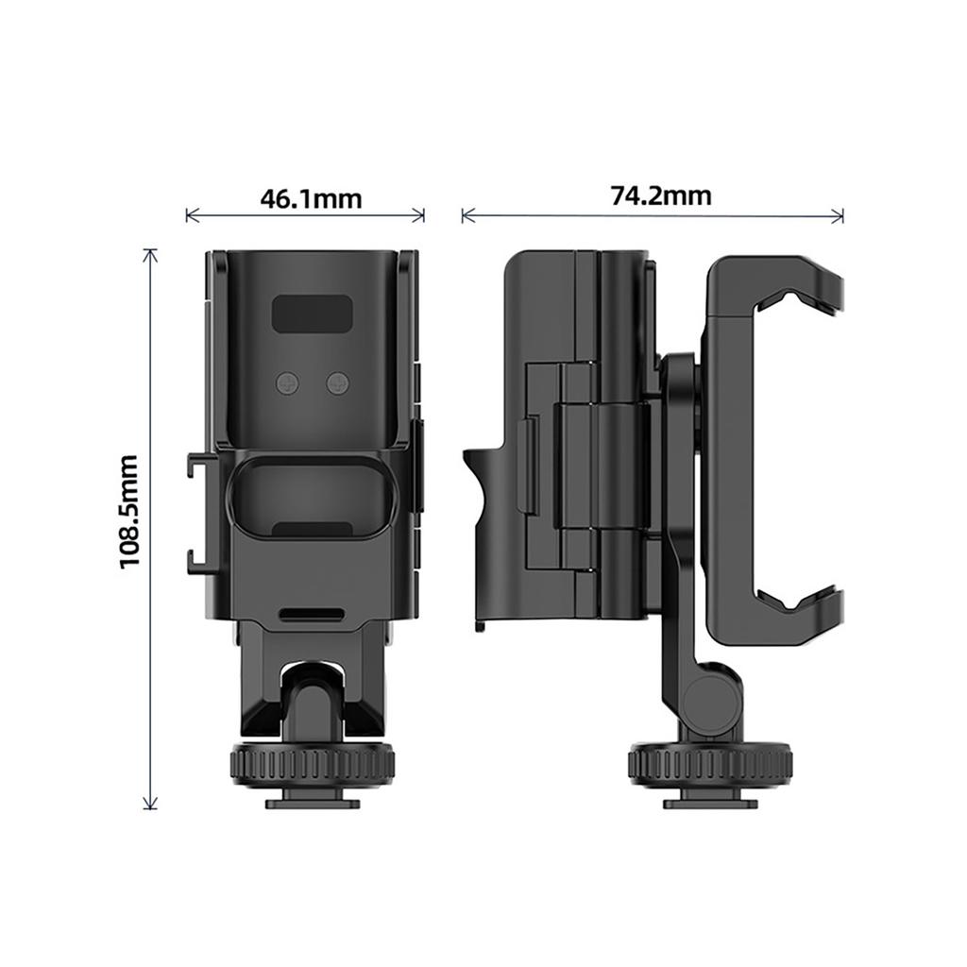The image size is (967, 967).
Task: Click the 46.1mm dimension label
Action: [311, 199]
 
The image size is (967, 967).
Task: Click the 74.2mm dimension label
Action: [660, 195]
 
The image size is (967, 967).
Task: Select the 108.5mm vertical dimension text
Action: [129, 512]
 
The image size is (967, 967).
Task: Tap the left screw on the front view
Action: [288, 382]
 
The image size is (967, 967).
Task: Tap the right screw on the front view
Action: [337, 382]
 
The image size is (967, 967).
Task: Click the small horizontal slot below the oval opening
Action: [312, 614]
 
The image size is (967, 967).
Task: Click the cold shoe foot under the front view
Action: [312, 802]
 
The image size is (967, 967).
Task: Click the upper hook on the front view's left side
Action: [197, 466]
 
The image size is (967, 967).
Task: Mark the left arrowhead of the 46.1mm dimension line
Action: [189, 216]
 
